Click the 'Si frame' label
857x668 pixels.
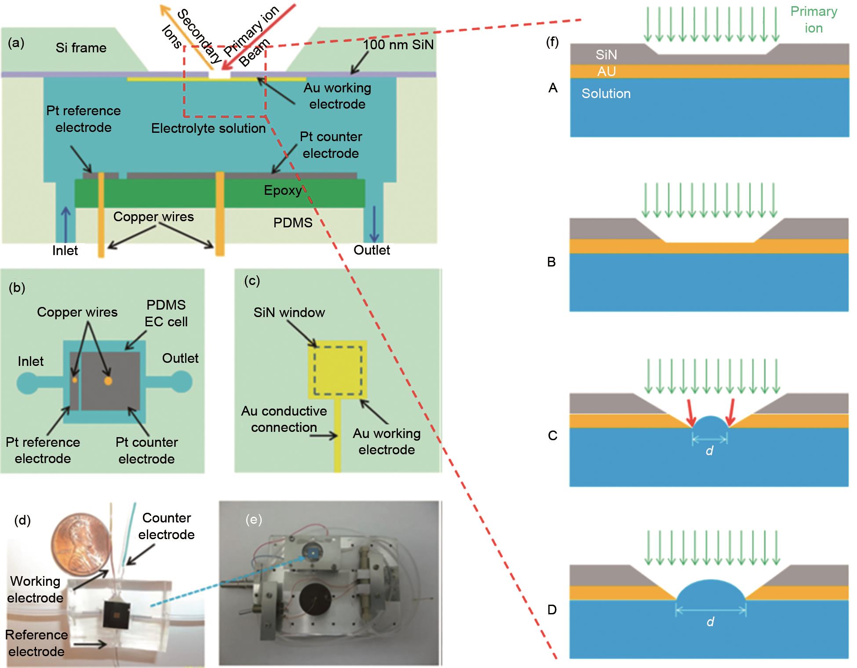point(81,47)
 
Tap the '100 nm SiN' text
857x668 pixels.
point(398,44)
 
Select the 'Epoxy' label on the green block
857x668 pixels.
point(283,190)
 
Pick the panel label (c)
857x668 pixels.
point(252,281)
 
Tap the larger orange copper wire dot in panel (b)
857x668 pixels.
point(108,381)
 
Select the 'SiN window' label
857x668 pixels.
point(289,313)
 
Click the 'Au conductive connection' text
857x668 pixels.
point(284,419)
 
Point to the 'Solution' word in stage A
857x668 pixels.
point(606,94)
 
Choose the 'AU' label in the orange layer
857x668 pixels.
point(606,72)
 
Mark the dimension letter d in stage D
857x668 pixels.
point(710,621)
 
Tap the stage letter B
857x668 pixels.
point(551,262)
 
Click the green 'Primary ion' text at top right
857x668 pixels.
point(813,20)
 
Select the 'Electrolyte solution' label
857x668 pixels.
point(208,128)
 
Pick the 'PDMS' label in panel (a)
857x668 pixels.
point(293,223)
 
